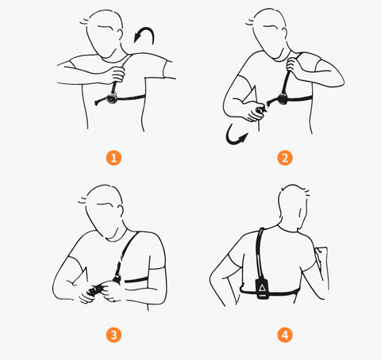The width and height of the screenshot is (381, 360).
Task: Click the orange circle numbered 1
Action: tap(114, 158)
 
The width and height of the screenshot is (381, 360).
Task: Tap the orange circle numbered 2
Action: tap(285, 158)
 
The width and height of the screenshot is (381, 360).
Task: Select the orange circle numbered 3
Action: tap(114, 335)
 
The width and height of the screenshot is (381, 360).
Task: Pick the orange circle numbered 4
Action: tap(285, 335)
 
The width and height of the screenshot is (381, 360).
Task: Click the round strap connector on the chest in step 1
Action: tap(112, 98)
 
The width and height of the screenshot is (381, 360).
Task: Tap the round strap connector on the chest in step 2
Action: tap(282, 98)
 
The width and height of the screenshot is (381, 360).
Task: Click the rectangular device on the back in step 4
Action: tap(262, 289)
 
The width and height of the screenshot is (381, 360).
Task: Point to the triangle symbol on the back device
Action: tap(262, 287)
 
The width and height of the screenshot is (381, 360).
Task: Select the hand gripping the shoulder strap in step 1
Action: tap(116, 75)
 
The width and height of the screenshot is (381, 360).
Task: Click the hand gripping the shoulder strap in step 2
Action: tap(293, 66)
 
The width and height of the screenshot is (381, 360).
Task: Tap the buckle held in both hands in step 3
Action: tap(94, 289)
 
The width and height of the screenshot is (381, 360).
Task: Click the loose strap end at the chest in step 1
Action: tap(101, 101)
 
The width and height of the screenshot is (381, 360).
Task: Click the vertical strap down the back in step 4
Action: tap(260, 254)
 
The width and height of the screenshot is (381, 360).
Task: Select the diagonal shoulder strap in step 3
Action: tap(126, 256)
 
